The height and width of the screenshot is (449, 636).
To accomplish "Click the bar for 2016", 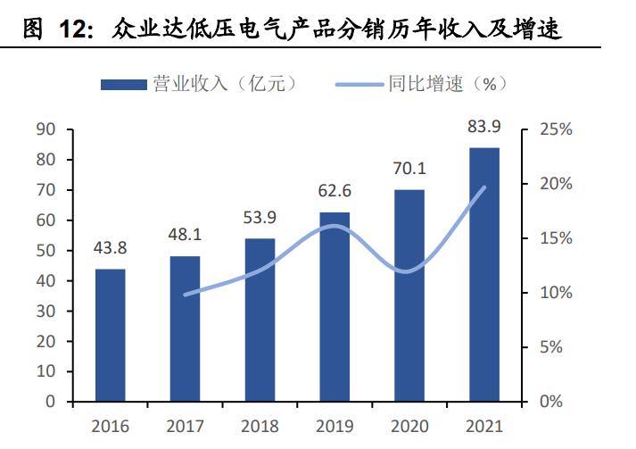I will (111, 335).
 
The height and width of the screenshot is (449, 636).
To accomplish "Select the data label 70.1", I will (409, 169).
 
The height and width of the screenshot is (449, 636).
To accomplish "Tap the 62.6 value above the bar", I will (335, 191).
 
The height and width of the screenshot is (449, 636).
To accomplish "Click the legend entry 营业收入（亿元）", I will (200, 84).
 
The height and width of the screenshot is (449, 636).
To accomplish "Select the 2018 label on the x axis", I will (260, 426).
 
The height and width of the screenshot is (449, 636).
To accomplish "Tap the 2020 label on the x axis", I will (409, 426).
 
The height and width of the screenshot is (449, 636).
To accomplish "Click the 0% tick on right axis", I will (550, 402).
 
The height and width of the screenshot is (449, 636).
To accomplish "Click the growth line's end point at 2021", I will (484, 187).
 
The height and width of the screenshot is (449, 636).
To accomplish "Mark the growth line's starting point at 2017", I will (186, 294).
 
